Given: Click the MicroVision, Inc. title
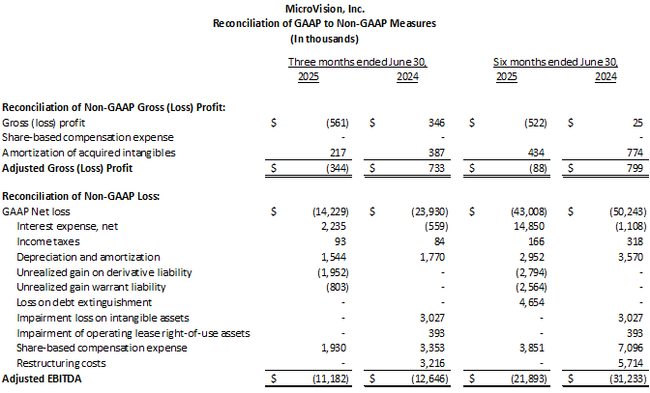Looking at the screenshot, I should [x=324, y=8].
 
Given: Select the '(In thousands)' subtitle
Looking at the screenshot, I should [x=324, y=39].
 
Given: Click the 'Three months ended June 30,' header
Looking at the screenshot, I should [x=358, y=63].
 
